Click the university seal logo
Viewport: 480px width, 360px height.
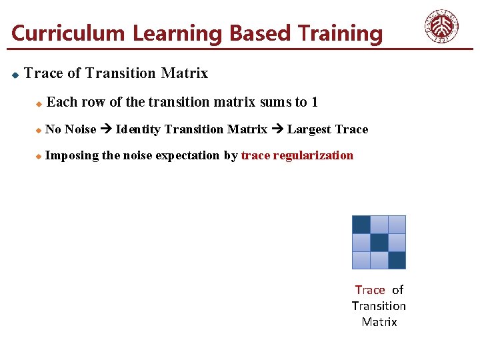coord(441,27)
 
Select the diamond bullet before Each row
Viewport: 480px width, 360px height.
coord(39,103)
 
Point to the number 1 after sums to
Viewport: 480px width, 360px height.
coord(314,102)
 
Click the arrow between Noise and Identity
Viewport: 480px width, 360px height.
coord(106,129)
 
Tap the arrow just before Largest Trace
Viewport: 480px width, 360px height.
coord(277,129)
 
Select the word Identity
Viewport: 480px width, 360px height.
coord(138,129)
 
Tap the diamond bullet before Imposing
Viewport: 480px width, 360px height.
coord(39,156)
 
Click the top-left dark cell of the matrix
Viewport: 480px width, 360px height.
coord(361,225)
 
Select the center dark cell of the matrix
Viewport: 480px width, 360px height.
coord(379,243)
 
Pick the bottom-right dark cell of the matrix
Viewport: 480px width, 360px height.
coord(397,260)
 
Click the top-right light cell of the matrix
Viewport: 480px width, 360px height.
coord(397,225)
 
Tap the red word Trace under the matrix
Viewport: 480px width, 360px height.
coord(370,289)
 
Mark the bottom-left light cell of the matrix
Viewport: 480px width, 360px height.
coord(361,260)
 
